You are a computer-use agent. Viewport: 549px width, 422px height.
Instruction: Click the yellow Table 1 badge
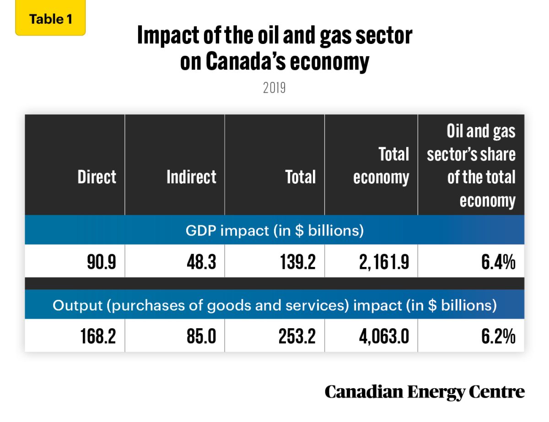(x=50, y=19)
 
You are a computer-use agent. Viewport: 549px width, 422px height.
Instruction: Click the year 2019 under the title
(x=274, y=88)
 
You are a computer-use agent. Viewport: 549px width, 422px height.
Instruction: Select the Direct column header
(x=97, y=177)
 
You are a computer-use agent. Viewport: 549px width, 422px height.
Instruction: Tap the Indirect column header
(x=191, y=177)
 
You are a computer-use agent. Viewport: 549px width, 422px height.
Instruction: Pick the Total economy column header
(x=381, y=166)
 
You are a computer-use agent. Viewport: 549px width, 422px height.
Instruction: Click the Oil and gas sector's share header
(x=471, y=166)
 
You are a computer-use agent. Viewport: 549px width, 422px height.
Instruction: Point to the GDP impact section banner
(x=274, y=230)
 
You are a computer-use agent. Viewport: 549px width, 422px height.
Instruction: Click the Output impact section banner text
(x=274, y=305)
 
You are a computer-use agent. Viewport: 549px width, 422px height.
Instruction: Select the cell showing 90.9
(x=100, y=262)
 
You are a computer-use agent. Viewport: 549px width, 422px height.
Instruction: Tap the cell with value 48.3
(x=199, y=262)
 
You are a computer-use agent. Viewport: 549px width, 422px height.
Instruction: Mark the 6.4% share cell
(x=498, y=262)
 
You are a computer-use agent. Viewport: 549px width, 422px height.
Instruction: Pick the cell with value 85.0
(x=199, y=337)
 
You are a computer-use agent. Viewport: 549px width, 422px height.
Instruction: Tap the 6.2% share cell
(x=498, y=337)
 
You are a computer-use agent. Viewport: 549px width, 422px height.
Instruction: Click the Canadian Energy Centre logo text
(x=425, y=392)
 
